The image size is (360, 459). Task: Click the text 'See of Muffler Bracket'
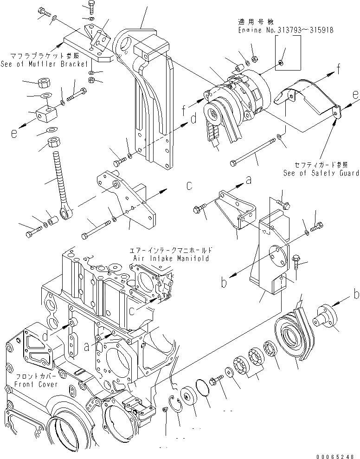[x=45, y=64]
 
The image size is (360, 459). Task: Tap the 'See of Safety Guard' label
[x=321, y=173]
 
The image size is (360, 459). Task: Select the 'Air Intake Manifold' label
[x=170, y=258]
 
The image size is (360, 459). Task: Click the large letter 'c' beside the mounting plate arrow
[x=189, y=186]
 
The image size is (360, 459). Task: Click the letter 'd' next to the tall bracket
[x=194, y=119]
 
